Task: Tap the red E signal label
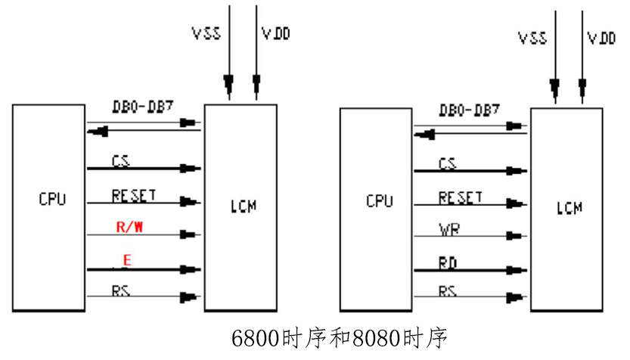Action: (127, 260)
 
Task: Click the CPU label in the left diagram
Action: (52, 200)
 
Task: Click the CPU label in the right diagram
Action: (380, 201)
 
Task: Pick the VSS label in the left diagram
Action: (206, 34)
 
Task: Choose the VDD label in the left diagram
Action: (275, 34)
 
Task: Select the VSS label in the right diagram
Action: (534, 37)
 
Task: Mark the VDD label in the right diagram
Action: (601, 37)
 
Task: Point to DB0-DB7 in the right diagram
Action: (469, 110)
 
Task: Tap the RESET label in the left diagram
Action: (133, 195)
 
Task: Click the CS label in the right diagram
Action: (448, 163)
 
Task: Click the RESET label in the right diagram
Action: (460, 198)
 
